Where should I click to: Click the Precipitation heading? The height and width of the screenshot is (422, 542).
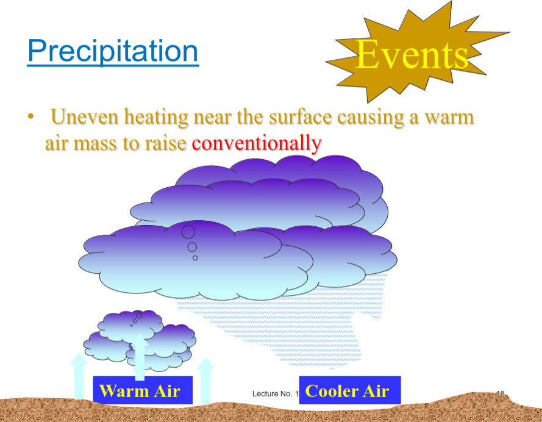(x=113, y=51)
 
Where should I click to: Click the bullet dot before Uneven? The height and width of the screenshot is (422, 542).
(x=29, y=116)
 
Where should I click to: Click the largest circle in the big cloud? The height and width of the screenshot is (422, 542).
(x=188, y=232)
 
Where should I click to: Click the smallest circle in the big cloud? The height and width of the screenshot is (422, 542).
(x=195, y=258)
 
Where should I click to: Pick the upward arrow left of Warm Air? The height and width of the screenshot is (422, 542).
(x=78, y=375)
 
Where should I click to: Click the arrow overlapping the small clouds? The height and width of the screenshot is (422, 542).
(x=140, y=357)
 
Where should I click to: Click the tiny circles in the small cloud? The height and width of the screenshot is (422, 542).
(x=137, y=317)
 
